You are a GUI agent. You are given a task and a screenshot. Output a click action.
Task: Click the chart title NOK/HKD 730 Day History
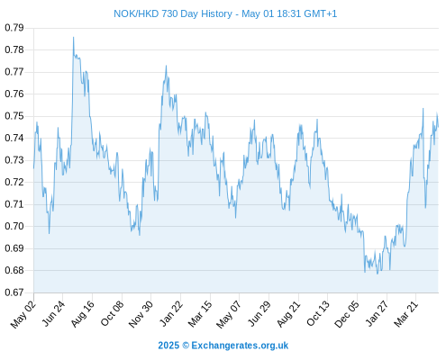pos(173,13)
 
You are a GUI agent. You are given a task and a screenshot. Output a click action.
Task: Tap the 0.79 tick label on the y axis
pos(14,28)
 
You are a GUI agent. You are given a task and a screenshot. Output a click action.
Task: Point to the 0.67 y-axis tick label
pos(14,292)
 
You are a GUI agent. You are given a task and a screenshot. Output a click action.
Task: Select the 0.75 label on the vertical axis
pos(14,116)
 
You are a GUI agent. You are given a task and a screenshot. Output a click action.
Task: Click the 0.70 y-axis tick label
pos(14,226)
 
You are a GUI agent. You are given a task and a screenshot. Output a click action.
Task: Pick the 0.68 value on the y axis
pos(14,270)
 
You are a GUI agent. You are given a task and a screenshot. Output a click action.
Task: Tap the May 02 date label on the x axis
pos(23,314)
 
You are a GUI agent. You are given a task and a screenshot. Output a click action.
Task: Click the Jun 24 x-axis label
pos(53,313)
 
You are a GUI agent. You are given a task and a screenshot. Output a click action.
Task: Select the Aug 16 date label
pos(83,314)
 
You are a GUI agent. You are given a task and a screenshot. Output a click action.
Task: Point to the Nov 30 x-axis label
pos(141,314)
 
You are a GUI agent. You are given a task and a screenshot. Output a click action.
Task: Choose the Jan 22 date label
pos(171,313)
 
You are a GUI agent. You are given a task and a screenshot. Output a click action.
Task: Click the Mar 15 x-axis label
pos(200,314)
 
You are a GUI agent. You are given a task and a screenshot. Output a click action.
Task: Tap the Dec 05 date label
pos(347,314)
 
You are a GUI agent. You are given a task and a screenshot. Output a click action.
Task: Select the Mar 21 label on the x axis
pos(406,313)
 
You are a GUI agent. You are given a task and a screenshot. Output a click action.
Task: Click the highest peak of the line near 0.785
pos(73,37)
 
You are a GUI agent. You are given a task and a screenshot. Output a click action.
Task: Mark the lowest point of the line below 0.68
pos(378,274)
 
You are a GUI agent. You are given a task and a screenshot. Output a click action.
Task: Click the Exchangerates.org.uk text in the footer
pos(240,346)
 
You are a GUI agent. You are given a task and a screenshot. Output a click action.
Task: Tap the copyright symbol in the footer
pos(186,346)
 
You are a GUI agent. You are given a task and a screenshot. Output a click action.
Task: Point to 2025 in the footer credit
pos(168,346)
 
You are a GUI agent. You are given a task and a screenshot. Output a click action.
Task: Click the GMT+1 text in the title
pos(321,13)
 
